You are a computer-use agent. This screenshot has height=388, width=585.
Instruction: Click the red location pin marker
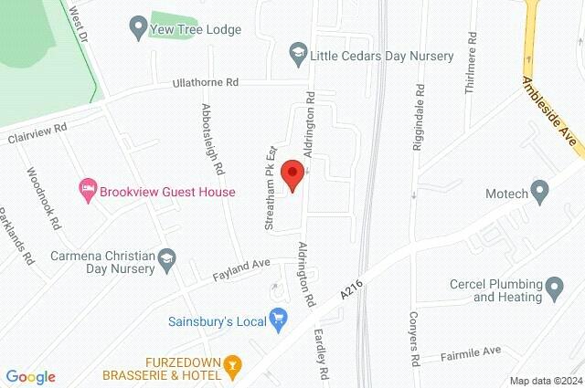click(292, 174)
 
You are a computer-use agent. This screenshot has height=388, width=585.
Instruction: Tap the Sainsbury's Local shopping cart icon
click(279, 319)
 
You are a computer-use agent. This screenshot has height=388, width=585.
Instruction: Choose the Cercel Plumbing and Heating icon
click(554, 290)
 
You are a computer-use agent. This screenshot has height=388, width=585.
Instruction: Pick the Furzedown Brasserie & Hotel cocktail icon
click(233, 367)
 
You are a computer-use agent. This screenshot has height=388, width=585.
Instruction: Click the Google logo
click(31, 377)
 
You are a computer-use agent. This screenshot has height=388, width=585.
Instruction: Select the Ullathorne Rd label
click(206, 83)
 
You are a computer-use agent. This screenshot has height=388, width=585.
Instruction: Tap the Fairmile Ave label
click(473, 351)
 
